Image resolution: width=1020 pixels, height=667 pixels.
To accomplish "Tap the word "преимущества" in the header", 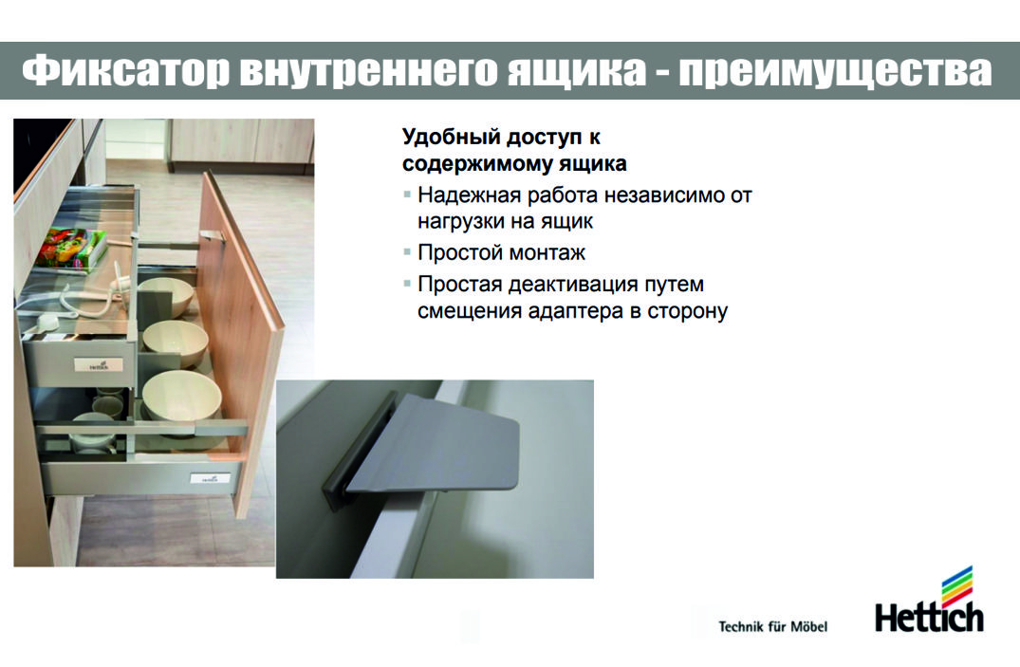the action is [836, 71].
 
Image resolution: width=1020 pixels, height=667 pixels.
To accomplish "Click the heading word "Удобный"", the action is [451, 138].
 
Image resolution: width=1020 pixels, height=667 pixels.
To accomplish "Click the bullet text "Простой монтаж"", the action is [502, 252].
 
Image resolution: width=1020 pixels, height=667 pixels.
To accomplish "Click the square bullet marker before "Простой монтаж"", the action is [407, 251].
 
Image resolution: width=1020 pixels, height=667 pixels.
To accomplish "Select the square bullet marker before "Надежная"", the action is [407, 195].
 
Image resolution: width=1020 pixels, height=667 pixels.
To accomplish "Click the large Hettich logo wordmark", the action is [929, 617].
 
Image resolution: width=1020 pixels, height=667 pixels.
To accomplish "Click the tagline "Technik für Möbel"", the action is [772, 626].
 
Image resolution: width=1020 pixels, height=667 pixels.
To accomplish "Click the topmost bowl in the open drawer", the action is [165, 297].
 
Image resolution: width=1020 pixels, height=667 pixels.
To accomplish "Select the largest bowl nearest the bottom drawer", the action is [182, 396].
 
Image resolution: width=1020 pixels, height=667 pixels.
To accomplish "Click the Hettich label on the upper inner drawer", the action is [99, 365].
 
